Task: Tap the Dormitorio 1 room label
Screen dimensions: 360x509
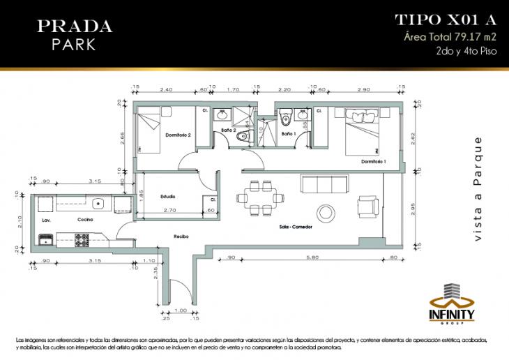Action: point(374,162)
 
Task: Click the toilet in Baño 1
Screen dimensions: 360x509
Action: point(303,138)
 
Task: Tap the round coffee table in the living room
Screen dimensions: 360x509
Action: point(325,211)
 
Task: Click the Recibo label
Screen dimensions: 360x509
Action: point(182,236)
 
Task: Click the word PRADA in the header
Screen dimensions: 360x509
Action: point(74,27)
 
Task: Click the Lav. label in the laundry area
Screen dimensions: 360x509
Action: point(46,220)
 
